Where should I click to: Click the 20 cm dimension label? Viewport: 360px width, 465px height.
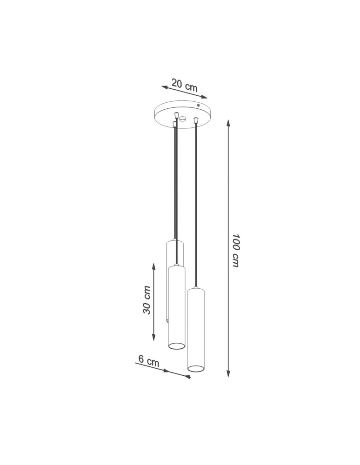pos(185,85)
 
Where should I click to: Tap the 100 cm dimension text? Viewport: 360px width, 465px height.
pos(235,250)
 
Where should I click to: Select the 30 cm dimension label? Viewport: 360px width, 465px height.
pos(147,300)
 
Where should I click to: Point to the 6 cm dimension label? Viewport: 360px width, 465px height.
pos(148,360)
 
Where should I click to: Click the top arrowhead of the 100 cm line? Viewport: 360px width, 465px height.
pos(228,123)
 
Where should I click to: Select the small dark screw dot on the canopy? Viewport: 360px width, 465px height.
pos(199,106)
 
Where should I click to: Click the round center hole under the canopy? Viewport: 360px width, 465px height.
pos(183,119)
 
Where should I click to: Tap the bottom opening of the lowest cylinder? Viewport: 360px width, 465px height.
pos(196,369)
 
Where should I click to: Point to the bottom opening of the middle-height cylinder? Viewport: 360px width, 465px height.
pos(176,346)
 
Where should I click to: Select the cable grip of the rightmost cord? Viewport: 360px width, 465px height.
pos(196,121)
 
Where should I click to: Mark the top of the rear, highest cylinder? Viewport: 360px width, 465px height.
pos(175,242)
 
